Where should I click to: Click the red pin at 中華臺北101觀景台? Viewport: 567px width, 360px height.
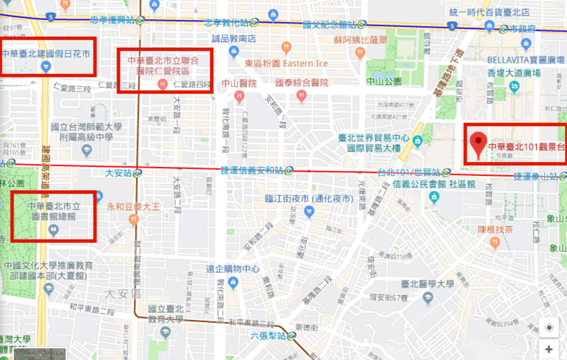(480, 144)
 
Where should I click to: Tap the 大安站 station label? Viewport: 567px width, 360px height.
(118, 173)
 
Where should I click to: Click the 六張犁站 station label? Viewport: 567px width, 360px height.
(268, 336)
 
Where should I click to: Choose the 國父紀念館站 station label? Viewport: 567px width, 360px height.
(329, 25)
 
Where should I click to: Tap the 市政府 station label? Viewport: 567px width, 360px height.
(523, 29)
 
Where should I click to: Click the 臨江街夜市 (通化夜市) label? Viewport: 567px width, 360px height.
(309, 199)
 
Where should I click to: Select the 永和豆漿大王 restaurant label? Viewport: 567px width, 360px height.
(133, 206)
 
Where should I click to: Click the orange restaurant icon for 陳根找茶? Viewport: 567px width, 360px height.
(495, 243)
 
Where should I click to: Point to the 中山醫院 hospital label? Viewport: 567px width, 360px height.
(239, 84)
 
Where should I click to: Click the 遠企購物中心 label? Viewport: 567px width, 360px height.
(232, 269)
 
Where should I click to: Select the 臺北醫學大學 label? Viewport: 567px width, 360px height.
(428, 284)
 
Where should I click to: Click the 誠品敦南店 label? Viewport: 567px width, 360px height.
(233, 39)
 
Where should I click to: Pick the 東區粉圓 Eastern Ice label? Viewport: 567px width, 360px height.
(286, 63)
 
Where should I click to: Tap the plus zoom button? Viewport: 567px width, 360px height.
(549, 350)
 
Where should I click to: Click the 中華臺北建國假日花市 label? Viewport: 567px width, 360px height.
(46, 54)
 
